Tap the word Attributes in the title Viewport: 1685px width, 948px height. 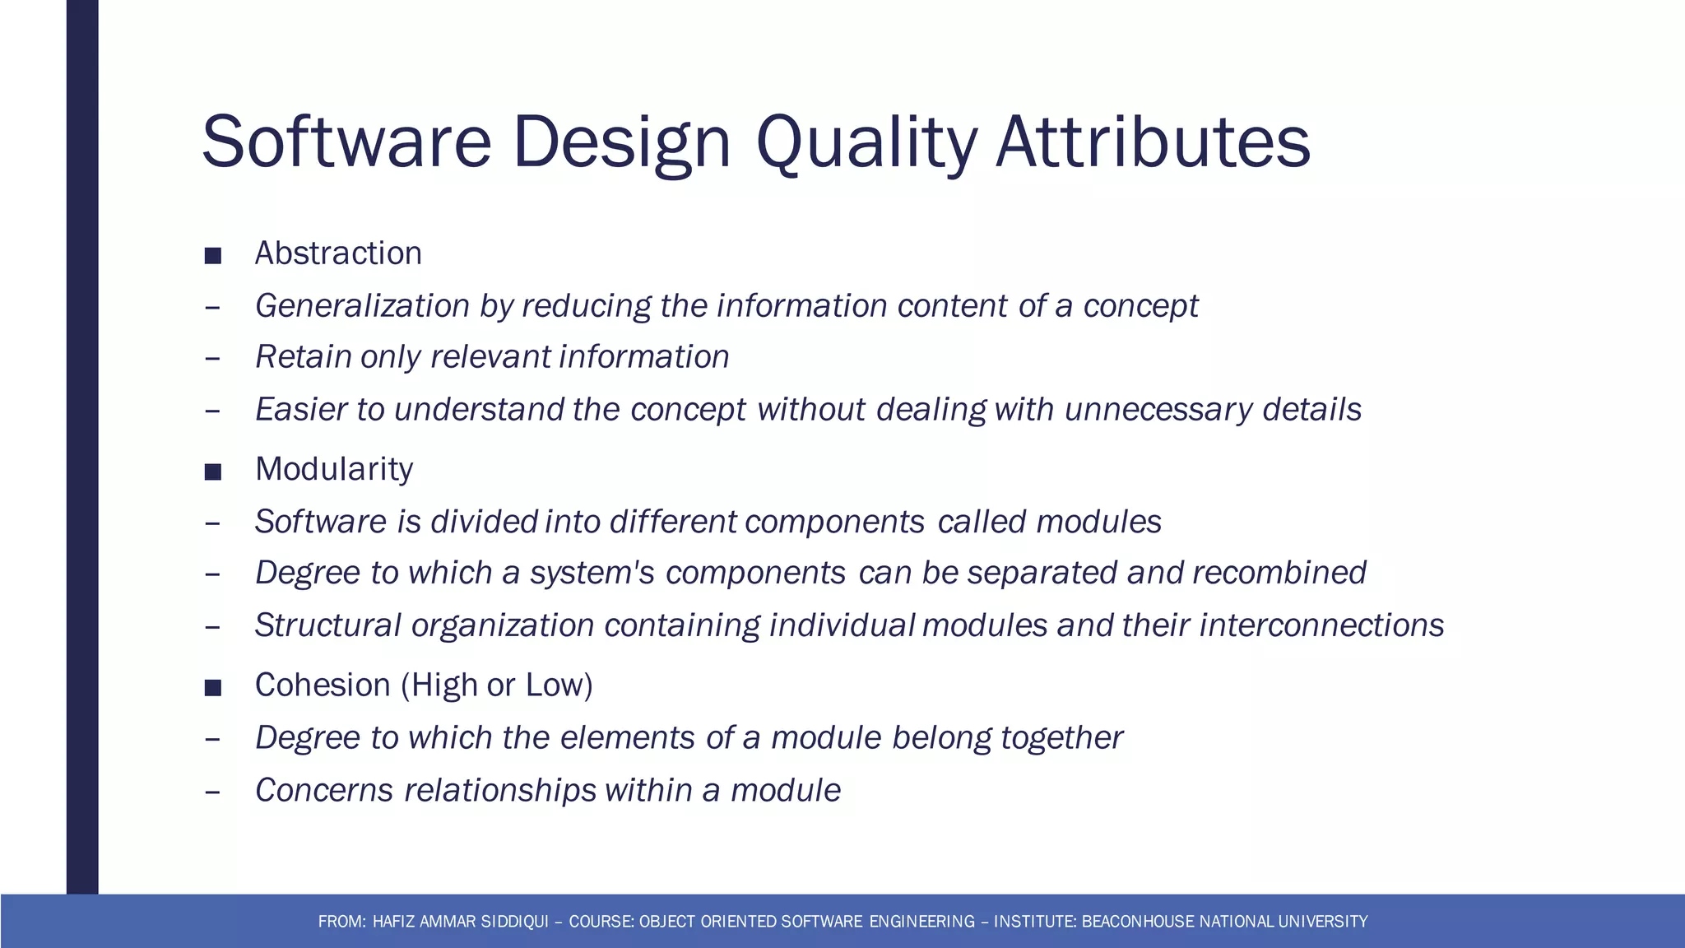coord(1153,143)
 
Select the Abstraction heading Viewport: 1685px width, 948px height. coord(338,253)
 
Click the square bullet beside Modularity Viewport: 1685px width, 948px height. coord(213,472)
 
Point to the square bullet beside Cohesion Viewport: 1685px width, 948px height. coord(213,687)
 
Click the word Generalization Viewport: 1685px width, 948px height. coord(362,306)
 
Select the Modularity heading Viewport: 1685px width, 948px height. coord(334,469)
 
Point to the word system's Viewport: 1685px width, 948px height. coord(592,573)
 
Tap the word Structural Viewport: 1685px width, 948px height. coord(327,625)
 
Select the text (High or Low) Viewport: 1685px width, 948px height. coord(497,685)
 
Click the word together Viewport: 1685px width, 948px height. coord(1061,738)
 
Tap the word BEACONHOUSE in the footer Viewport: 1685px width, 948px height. coord(1139,922)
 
